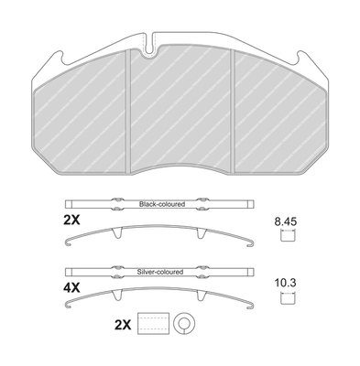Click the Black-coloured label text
(x=162, y=204)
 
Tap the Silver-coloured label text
(x=160, y=272)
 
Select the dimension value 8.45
(x=286, y=221)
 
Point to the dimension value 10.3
(x=287, y=283)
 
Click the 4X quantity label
(x=71, y=287)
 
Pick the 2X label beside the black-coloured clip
(x=71, y=220)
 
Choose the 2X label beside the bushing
(x=123, y=325)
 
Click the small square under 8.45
(x=287, y=236)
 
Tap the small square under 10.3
(x=287, y=297)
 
